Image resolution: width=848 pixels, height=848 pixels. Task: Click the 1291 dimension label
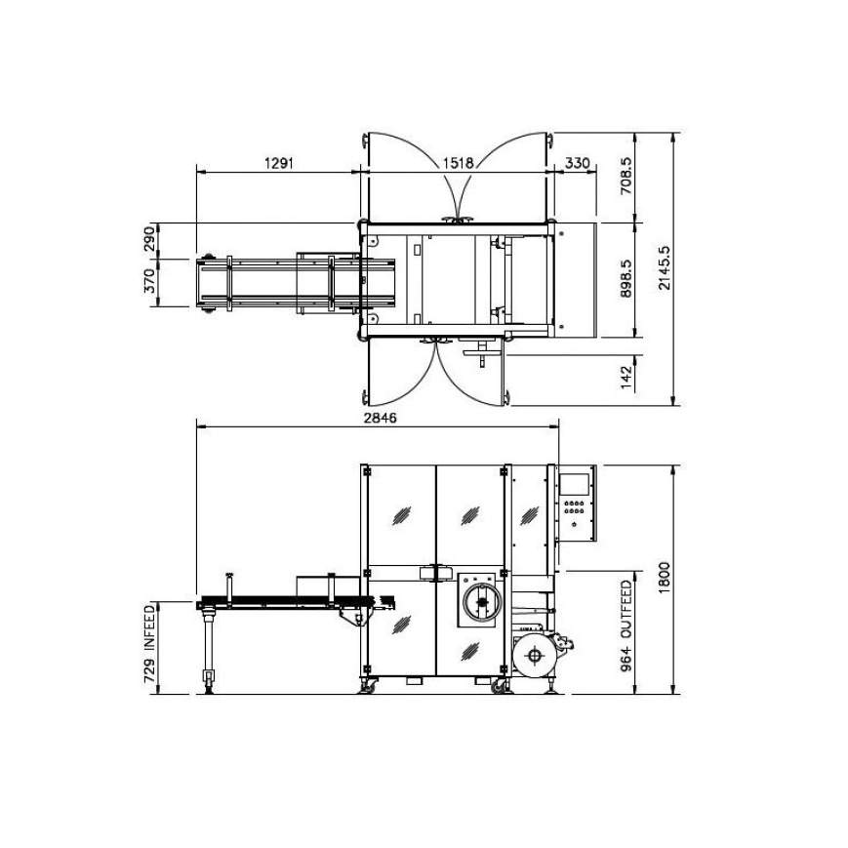(278, 163)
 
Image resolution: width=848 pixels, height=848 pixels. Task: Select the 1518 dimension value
(458, 163)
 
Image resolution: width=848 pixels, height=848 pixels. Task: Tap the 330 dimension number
(577, 163)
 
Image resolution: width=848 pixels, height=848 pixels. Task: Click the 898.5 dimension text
(626, 278)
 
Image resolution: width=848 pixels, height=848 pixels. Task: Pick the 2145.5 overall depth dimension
(665, 268)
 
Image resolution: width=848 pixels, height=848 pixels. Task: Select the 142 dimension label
(626, 377)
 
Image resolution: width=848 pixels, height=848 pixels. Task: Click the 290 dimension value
(150, 239)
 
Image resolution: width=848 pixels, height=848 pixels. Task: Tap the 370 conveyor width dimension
(150, 281)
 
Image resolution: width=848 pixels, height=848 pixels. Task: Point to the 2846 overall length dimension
(381, 418)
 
